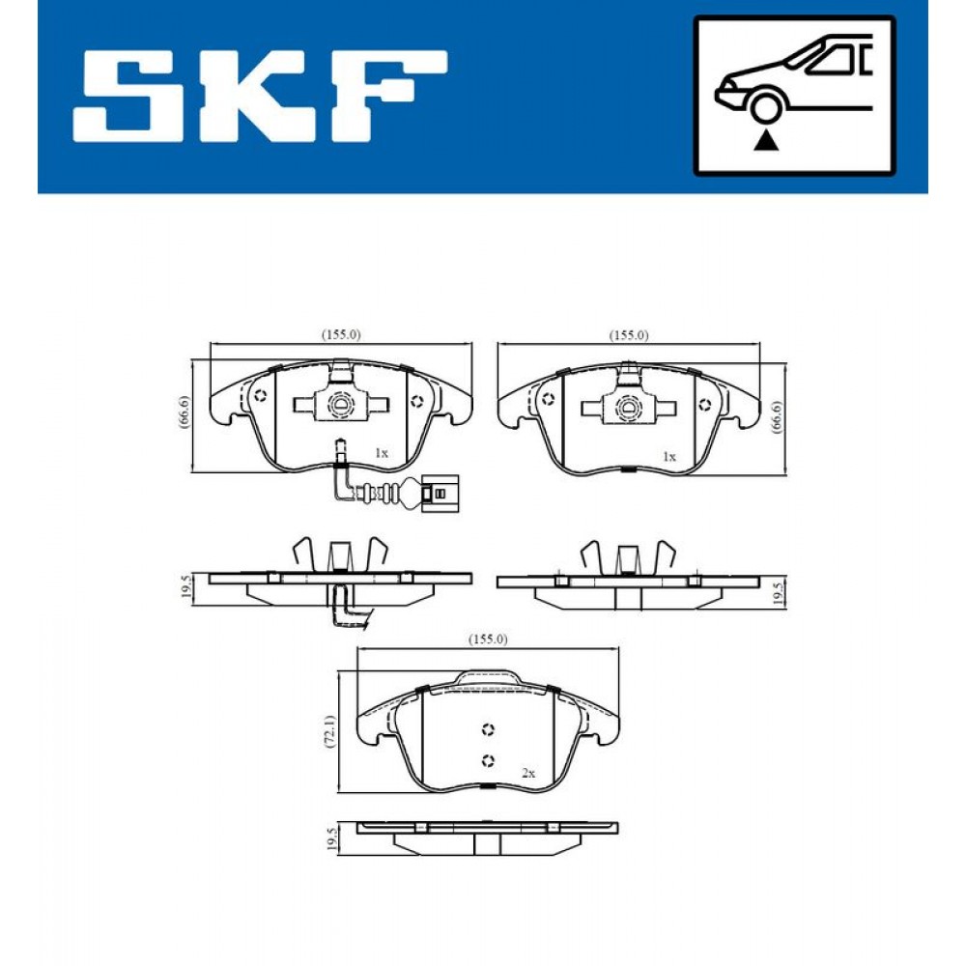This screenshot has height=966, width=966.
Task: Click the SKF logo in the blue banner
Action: (x=260, y=96)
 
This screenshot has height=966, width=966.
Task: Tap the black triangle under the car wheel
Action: (x=766, y=140)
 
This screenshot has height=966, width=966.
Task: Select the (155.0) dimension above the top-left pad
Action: (x=341, y=334)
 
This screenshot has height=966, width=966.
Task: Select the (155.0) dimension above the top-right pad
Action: (x=629, y=335)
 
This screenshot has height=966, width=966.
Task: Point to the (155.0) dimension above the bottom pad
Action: (x=487, y=639)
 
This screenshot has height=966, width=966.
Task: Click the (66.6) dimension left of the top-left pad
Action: (x=185, y=412)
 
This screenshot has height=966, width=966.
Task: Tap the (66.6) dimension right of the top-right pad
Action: (x=777, y=417)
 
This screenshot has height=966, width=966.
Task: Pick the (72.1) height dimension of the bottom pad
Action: (x=330, y=732)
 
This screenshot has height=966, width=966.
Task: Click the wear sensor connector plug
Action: (x=439, y=494)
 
